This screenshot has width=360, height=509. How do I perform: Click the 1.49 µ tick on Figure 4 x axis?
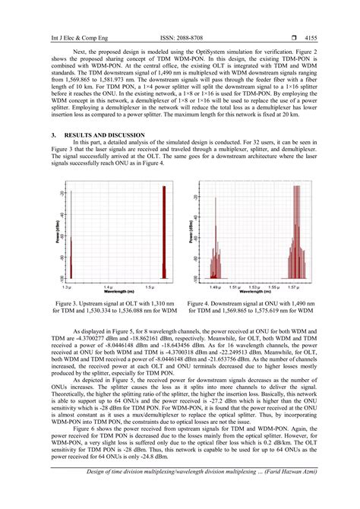click(214, 288)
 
